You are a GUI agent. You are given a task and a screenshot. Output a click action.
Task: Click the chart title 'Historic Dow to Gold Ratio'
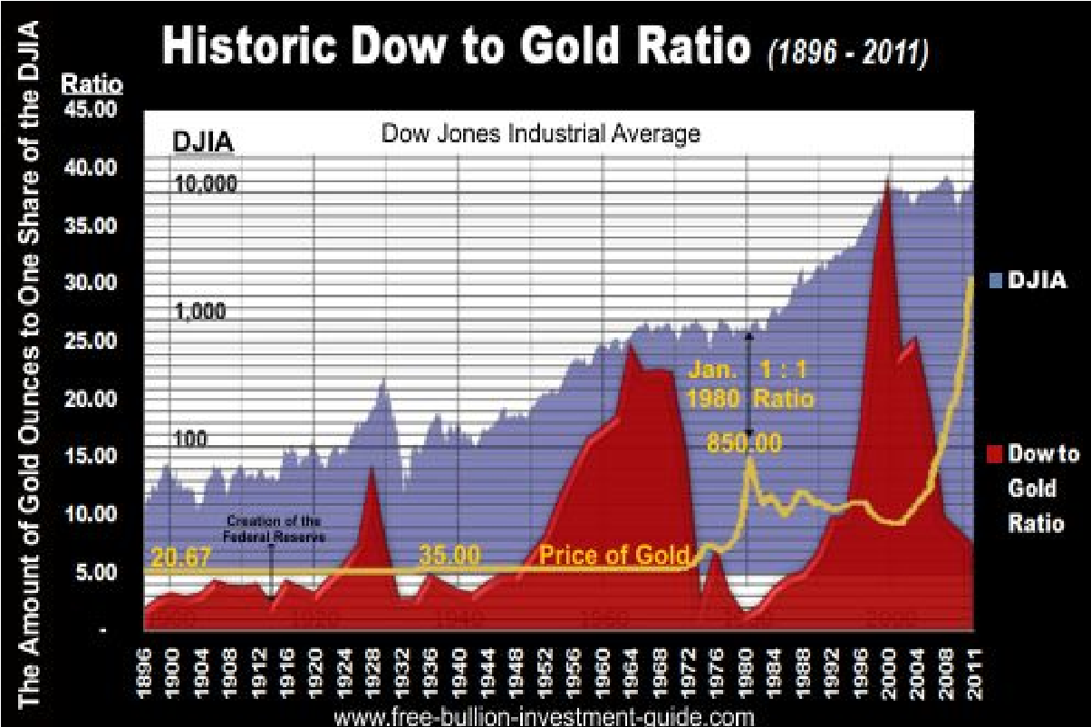coord(458,47)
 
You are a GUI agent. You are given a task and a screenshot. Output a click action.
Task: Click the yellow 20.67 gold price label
coord(180,558)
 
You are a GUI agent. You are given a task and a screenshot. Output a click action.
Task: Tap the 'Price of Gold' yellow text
coord(615,555)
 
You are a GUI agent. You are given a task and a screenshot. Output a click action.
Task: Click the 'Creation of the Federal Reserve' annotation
coord(274,528)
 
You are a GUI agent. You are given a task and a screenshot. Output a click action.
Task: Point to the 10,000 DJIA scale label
coord(205,184)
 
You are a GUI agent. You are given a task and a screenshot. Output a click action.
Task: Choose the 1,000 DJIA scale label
coord(200,313)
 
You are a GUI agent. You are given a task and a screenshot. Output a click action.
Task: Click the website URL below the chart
coord(544,717)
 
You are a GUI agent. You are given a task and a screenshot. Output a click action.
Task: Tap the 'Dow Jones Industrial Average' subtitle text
coord(540,134)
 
